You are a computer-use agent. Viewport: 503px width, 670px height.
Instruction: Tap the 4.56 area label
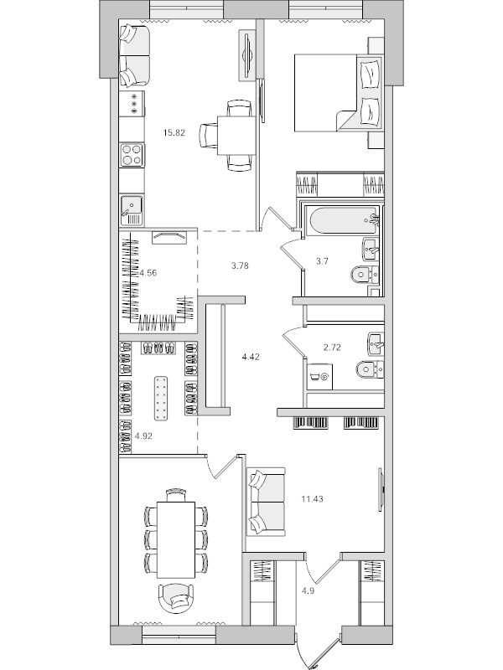(x=148, y=272)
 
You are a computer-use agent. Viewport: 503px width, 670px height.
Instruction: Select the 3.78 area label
(x=241, y=267)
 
